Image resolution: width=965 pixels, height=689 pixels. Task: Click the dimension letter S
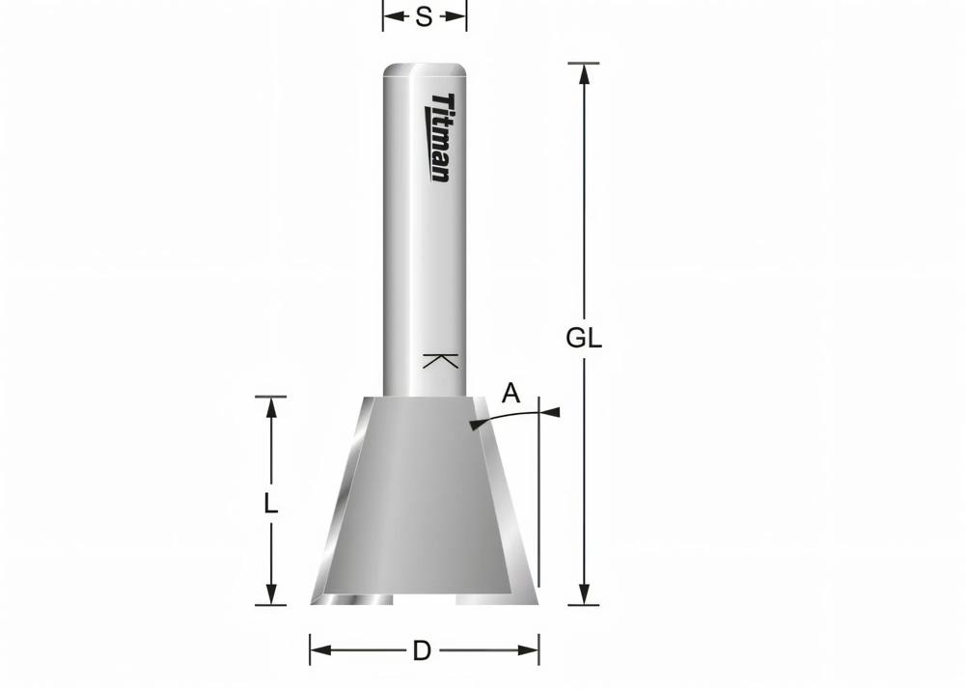pos(424,17)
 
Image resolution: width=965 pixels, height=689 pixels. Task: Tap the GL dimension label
pos(584,338)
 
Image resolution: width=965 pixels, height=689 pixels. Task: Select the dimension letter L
pos(271,503)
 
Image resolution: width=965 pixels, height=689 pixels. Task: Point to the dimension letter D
pos(422,651)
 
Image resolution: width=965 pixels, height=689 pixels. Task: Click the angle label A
pos(511,393)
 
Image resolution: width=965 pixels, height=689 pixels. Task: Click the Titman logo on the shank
pos(439,137)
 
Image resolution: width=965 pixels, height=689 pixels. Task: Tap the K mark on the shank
pos(439,362)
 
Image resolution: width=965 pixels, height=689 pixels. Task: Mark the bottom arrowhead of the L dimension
pos(271,594)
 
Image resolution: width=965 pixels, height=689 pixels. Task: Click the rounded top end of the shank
pos(426,70)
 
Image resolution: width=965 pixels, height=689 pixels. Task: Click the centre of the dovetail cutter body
pos(423,497)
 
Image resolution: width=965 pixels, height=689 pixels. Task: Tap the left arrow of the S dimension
pos(392,16)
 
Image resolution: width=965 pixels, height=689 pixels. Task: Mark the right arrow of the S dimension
pos(458,16)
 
